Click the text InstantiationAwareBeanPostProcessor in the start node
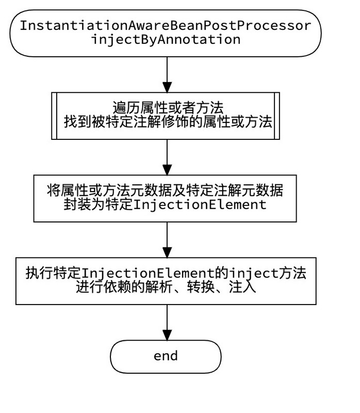(x=166, y=25)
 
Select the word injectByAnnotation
(x=166, y=39)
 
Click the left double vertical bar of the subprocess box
(x=54, y=116)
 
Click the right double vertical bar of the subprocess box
(x=277, y=116)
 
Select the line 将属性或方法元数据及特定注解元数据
(x=165, y=190)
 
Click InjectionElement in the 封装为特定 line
(x=200, y=204)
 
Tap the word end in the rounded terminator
(x=166, y=356)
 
